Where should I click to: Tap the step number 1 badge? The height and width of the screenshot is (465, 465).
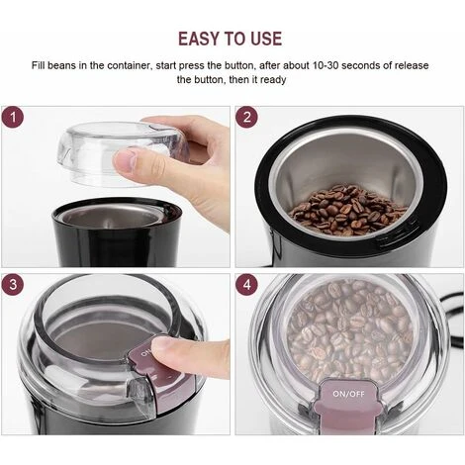(x=14, y=118)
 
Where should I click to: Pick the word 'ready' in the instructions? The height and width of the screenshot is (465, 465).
(x=273, y=79)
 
